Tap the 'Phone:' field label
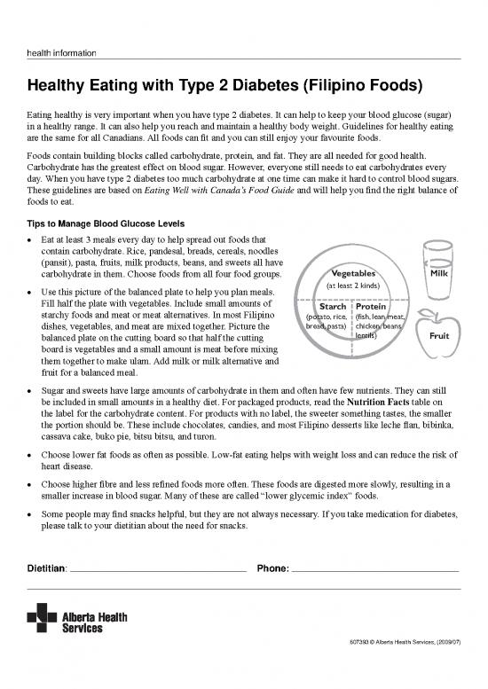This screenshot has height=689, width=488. click(x=272, y=568)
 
